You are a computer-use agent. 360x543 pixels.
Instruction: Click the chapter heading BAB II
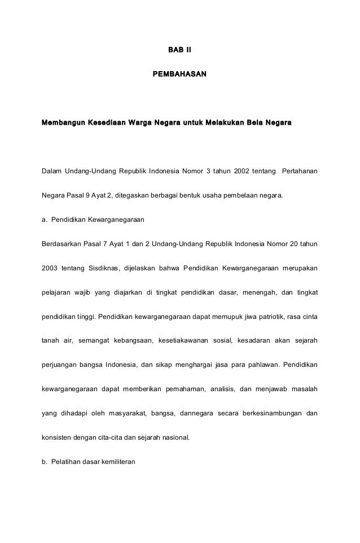pos(179,51)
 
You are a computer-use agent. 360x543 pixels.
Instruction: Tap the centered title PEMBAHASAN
pos(179,74)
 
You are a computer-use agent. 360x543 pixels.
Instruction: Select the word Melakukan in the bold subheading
pos(227,122)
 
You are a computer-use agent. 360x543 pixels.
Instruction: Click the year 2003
pos(50,268)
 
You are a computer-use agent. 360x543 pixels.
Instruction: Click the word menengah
pos(258,292)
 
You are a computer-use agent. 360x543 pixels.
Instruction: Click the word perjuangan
pos(60,365)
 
